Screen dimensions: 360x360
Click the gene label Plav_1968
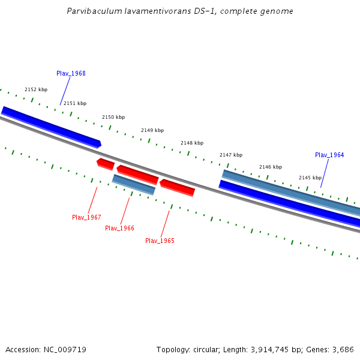pos(71,73)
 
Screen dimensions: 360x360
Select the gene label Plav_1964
pos(329,155)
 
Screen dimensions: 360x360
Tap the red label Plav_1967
pos(86,217)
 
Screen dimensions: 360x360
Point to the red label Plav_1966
pos(119,228)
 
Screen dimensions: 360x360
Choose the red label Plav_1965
pos(160,241)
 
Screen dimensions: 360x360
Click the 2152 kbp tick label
pos(36,89)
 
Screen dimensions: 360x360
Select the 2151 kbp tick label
pos(75,103)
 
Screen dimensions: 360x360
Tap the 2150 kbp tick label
pos(113,117)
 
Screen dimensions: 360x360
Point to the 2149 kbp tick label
pos(152,130)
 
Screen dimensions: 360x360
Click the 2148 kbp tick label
pos(192,143)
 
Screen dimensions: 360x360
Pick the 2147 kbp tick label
pos(231,155)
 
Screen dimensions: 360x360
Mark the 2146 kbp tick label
pos(271,167)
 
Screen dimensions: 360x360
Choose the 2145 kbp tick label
pos(310,178)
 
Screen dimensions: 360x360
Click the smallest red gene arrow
pos(106,164)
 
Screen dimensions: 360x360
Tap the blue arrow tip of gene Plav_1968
pos(100,144)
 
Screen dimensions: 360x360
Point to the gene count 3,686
pos(343,349)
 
